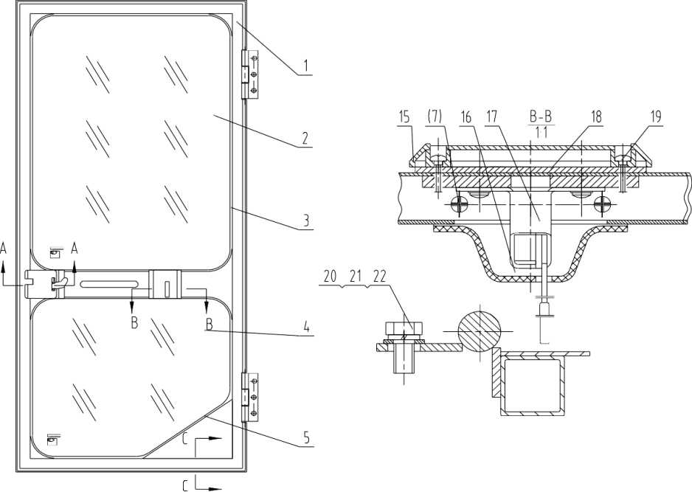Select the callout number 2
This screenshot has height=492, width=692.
click(x=305, y=138)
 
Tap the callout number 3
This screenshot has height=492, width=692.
click(x=305, y=221)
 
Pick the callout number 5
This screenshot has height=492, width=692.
click(x=305, y=437)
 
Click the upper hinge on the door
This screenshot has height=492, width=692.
click(x=251, y=75)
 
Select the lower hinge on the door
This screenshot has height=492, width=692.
click(x=251, y=397)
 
